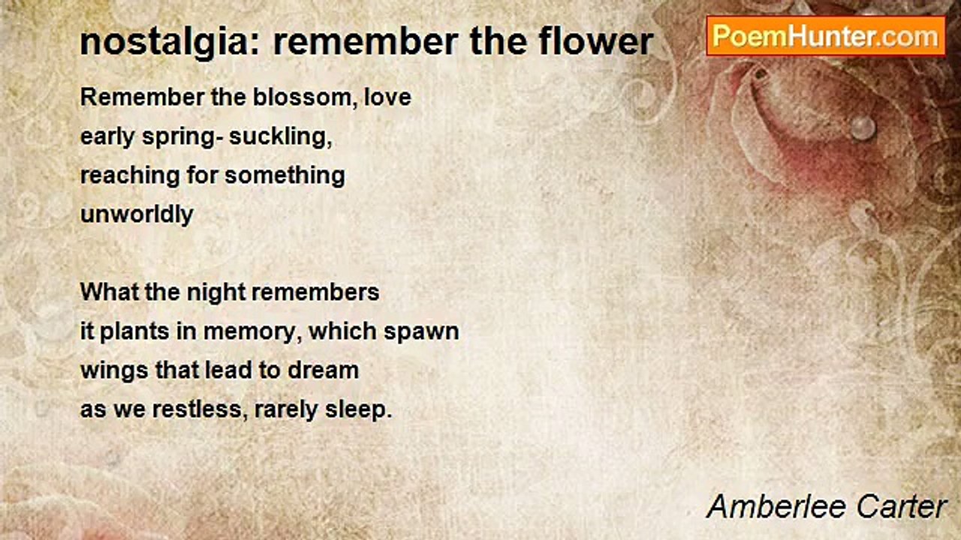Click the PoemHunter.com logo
click(x=826, y=37)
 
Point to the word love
click(x=388, y=97)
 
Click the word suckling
click(x=281, y=136)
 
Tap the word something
click(x=285, y=176)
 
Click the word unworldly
click(x=137, y=214)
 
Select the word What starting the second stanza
click(x=110, y=292)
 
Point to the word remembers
click(x=315, y=292)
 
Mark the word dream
click(x=323, y=370)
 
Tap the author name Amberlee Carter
click(x=827, y=507)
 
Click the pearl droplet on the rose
click(x=863, y=127)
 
